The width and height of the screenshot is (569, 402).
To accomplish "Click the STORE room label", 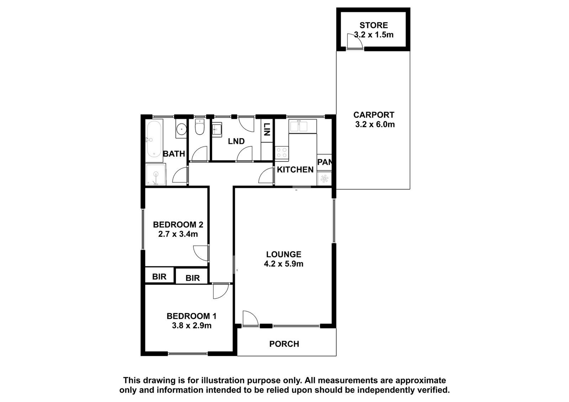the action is coord(374,25).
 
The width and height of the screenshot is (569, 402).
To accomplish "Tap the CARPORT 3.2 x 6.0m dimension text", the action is coord(375,125).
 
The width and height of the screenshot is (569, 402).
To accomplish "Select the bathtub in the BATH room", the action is coord(154,139).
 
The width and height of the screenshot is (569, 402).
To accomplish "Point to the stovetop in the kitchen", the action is coord(282,153).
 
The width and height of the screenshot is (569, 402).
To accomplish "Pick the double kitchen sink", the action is coord(302,126).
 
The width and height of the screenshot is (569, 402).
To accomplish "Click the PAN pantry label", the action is coord(324,162).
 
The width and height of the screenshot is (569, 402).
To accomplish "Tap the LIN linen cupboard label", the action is coord(266,129).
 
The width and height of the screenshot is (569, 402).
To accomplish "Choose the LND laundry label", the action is coord(236,141).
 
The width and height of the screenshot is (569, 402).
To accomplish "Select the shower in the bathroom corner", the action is coord(156,174).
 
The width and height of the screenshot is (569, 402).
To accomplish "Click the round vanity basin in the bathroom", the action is coord(181,129).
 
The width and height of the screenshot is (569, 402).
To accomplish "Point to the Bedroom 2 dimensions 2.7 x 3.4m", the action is coord(178,234).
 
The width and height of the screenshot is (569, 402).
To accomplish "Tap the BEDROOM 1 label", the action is coord(192,316).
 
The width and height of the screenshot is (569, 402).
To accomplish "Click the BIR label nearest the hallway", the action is coord(192,278).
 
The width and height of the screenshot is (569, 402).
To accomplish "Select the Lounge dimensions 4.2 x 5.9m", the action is coord(283,264).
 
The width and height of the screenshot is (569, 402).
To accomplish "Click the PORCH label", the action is coord(284,344).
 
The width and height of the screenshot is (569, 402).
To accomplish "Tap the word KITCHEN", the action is coord(295,169).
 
